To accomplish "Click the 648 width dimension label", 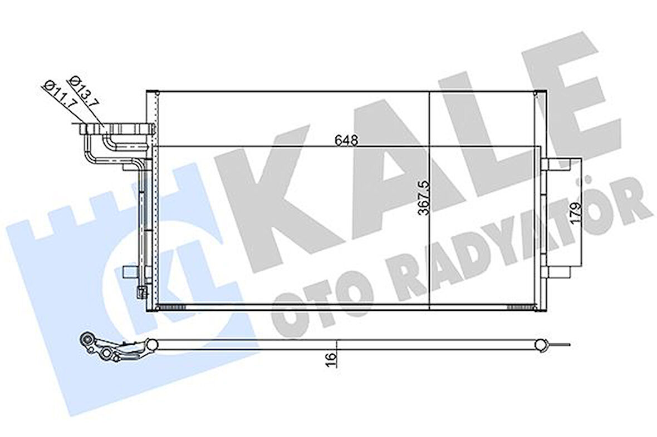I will tap(346, 140).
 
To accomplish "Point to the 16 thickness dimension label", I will tap(331, 358).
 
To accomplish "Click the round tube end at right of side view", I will tap(541, 345).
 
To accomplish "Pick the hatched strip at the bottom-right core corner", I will tap(523, 306).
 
